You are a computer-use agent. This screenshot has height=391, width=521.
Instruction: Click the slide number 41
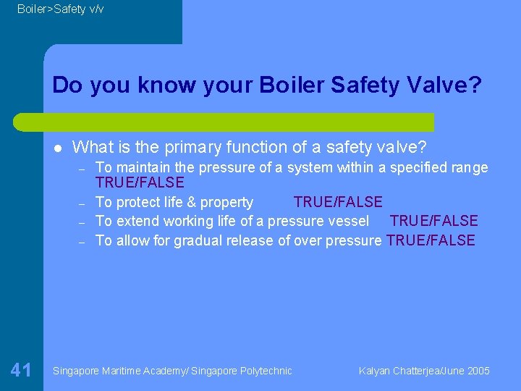[x=21, y=371]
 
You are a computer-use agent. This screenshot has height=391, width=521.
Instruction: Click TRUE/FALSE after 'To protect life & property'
[x=337, y=202]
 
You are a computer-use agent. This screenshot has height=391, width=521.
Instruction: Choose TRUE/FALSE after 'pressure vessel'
[x=433, y=221]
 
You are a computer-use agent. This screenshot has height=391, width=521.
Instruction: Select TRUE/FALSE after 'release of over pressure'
[x=431, y=240]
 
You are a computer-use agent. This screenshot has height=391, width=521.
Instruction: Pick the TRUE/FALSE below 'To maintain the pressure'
[x=140, y=183]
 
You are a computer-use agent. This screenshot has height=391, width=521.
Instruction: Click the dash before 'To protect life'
[x=82, y=203]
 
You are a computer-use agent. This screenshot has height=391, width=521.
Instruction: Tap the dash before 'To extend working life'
[x=82, y=222]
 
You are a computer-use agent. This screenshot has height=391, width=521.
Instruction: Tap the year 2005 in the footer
[x=478, y=371]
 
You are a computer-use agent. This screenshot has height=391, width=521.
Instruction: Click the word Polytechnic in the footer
[x=266, y=371]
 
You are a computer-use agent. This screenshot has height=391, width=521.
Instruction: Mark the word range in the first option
[x=469, y=168]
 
